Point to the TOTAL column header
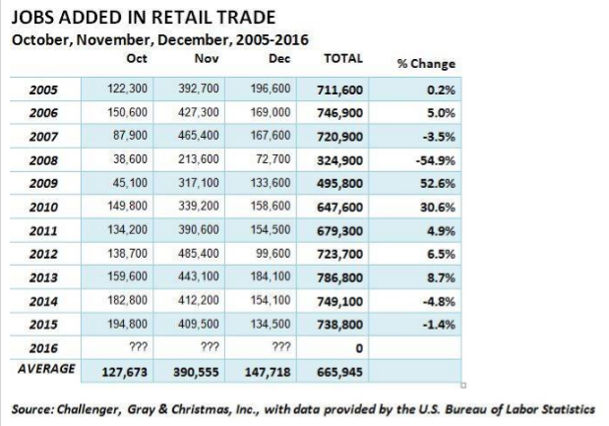click(342, 59)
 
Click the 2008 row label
click(43, 161)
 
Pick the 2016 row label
click(43, 347)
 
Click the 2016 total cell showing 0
click(360, 347)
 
